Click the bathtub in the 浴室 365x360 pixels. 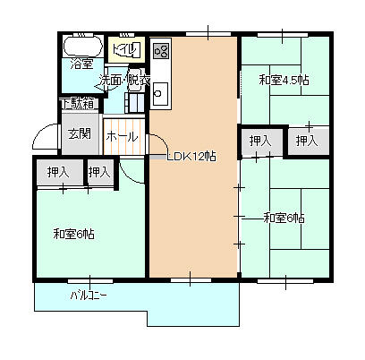82,46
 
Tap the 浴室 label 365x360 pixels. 82,64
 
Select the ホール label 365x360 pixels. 122,136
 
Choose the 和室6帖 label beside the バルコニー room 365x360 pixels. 74,235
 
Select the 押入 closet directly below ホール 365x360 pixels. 99,172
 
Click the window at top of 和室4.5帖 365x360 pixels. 284,36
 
